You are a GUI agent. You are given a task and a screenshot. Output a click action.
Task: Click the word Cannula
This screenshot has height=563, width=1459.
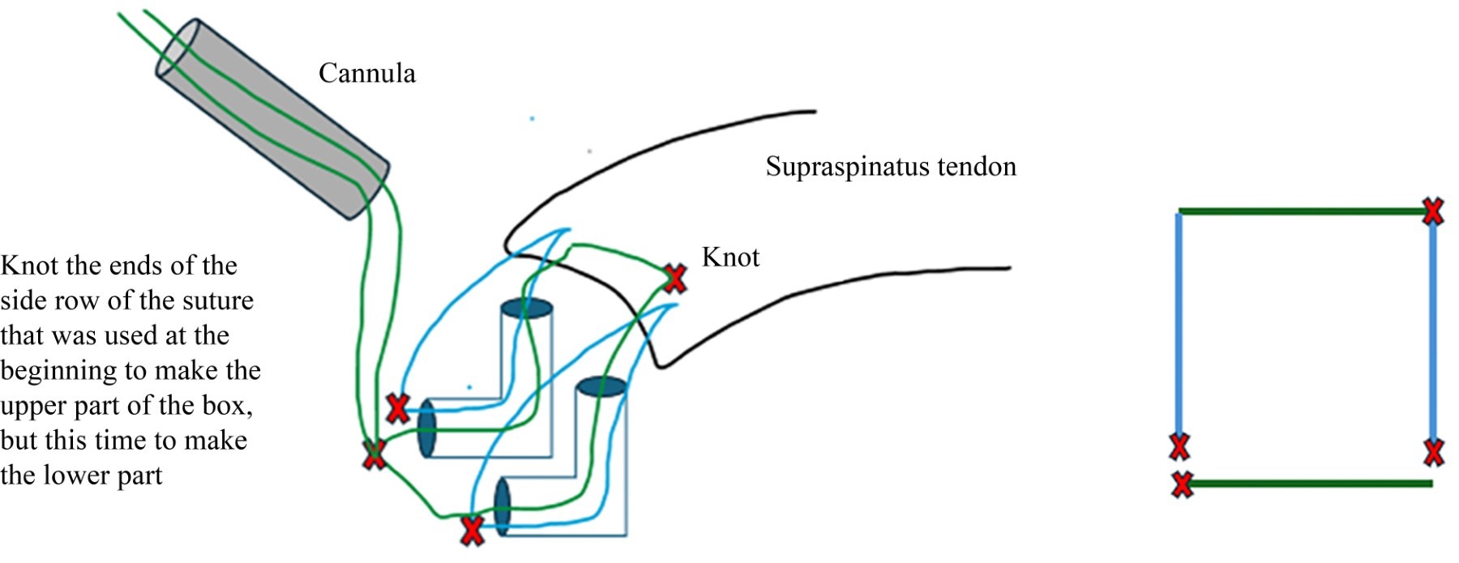pyautogui.click(x=366, y=74)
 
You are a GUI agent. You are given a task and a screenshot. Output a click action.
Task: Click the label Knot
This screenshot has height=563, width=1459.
pyautogui.click(x=730, y=258)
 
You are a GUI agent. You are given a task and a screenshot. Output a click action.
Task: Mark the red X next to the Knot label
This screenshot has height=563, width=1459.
pyautogui.click(x=674, y=279)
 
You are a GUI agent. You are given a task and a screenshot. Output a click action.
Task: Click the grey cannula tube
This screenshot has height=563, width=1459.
pyautogui.click(x=272, y=118)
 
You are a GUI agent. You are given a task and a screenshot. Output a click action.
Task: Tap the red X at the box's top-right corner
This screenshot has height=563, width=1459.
pyautogui.click(x=1433, y=211)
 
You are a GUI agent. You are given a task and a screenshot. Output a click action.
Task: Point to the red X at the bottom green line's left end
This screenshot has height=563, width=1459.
pyautogui.click(x=1182, y=484)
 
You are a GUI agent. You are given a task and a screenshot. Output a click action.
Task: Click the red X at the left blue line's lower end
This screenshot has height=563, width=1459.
pyautogui.click(x=1179, y=446)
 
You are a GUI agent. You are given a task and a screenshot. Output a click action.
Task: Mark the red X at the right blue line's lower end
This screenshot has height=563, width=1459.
pyautogui.click(x=1433, y=452)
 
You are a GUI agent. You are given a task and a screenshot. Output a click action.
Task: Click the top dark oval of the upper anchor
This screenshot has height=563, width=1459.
pyautogui.click(x=526, y=309)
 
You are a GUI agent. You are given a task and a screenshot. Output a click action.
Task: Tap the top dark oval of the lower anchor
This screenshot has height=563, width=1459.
pyautogui.click(x=601, y=386)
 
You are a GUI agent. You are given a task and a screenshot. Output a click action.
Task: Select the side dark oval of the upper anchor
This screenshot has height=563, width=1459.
pyautogui.click(x=426, y=429)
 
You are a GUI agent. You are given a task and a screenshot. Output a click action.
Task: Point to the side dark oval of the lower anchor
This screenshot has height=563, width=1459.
pyautogui.click(x=502, y=506)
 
